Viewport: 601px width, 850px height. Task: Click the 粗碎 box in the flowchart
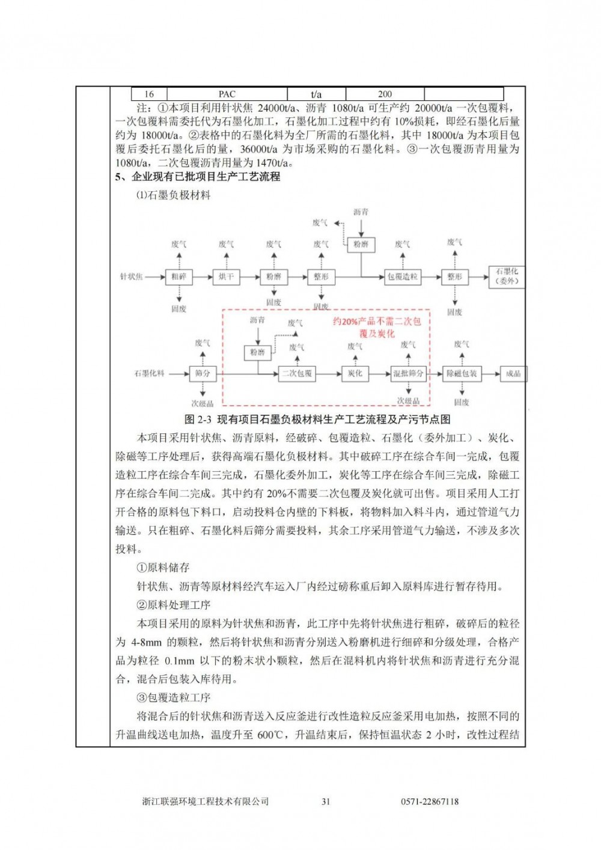(x=179, y=277)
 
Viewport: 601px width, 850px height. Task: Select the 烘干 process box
(x=226, y=277)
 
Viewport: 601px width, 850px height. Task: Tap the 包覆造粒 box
(x=402, y=277)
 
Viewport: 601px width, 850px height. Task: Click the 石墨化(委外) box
(x=507, y=277)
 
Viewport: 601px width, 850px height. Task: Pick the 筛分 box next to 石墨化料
(x=203, y=374)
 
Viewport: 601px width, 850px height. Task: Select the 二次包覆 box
(x=297, y=374)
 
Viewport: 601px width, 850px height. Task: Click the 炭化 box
(x=355, y=374)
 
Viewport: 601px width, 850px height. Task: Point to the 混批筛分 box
(x=408, y=374)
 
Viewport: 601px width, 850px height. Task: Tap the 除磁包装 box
(x=461, y=374)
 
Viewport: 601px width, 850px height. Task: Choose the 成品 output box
(x=513, y=374)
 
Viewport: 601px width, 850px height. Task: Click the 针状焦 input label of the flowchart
(x=132, y=277)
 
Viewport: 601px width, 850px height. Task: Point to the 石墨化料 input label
(x=149, y=374)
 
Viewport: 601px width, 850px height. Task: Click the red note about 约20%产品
(x=377, y=328)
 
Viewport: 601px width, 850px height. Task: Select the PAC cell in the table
(x=227, y=94)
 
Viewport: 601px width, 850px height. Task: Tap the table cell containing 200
(x=385, y=94)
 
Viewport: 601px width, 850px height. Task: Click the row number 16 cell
(x=149, y=94)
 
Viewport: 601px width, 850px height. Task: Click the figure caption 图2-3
(x=317, y=419)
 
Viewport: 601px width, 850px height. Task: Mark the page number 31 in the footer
(x=326, y=801)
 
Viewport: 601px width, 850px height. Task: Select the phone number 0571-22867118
(x=430, y=801)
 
